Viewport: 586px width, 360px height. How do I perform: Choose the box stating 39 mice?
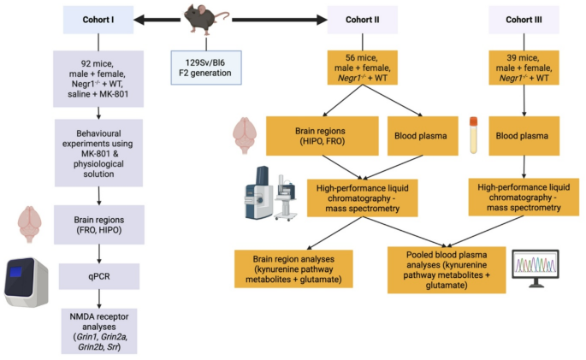pyautogui.click(x=524, y=66)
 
